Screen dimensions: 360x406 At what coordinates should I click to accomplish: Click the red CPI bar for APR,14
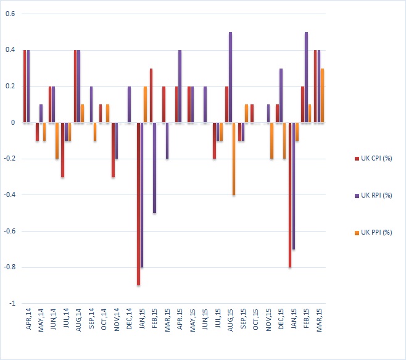[x=25, y=86]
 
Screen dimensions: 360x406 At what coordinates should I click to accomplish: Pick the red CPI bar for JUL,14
[x=62, y=150]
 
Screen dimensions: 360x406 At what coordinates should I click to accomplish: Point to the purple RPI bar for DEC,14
[x=129, y=104]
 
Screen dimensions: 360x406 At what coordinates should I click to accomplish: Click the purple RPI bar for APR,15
[x=180, y=86]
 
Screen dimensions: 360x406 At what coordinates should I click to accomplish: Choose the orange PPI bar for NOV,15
[x=272, y=141]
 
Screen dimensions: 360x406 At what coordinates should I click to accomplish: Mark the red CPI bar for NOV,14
[x=113, y=150]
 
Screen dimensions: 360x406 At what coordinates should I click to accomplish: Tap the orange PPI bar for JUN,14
[x=57, y=141]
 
